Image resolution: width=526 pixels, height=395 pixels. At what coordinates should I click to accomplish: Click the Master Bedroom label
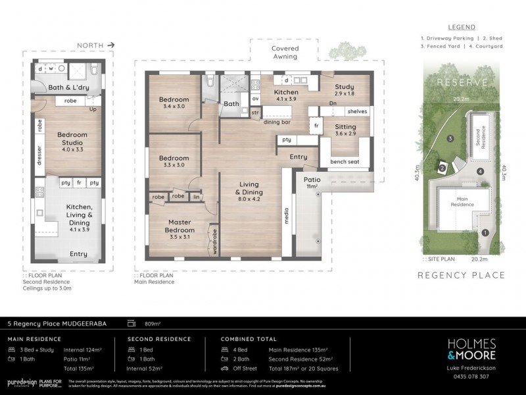click(179, 226)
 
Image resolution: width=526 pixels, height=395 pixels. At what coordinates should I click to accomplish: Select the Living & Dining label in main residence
click(249, 191)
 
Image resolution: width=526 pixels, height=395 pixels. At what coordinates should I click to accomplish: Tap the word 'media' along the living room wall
click(287, 217)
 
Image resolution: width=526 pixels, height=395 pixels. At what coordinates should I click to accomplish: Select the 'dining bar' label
click(277, 122)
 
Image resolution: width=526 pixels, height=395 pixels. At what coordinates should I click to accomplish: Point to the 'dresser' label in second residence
click(39, 164)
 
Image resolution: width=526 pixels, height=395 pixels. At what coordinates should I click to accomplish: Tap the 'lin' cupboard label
click(196, 197)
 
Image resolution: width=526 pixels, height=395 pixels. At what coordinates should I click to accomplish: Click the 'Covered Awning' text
click(285, 53)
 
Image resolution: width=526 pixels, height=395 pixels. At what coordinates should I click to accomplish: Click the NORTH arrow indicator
click(96, 45)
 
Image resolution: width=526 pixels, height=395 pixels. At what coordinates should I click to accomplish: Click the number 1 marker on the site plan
click(485, 232)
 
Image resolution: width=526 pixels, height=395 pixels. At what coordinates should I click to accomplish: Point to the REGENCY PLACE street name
click(461, 275)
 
